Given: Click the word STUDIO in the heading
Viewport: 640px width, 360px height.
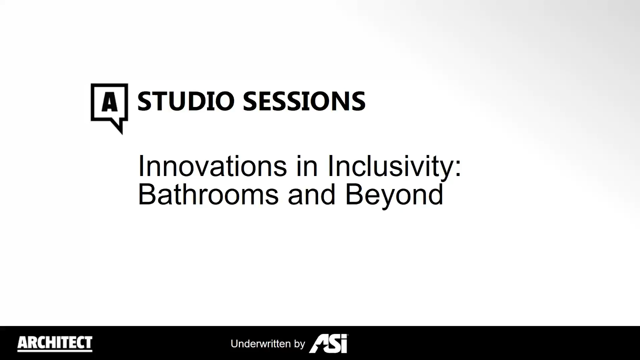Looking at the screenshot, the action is [x=185, y=101].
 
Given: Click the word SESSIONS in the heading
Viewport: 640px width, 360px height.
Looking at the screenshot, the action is [x=304, y=101].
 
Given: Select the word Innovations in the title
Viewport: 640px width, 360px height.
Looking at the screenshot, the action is [x=212, y=166].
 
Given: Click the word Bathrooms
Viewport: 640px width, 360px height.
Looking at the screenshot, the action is [x=208, y=194].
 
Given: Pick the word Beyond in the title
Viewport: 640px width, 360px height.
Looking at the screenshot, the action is [x=394, y=196].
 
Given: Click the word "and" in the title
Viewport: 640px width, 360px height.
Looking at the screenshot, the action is [x=311, y=194].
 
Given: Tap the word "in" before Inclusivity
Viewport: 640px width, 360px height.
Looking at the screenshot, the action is [x=307, y=166].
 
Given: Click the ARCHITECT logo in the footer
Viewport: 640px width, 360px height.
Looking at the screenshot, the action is [x=55, y=343].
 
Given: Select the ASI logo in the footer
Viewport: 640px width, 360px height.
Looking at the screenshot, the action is [x=328, y=343].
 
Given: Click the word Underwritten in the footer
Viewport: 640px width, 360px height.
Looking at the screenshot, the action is [x=260, y=343].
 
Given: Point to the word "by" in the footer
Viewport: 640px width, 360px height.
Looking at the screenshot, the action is [x=299, y=344].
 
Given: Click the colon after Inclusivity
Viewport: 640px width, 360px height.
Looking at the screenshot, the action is [x=458, y=168].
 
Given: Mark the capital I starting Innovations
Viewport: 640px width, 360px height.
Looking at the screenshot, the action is [x=140, y=166].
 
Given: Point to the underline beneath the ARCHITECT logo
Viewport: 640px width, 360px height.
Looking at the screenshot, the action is [x=55, y=351].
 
